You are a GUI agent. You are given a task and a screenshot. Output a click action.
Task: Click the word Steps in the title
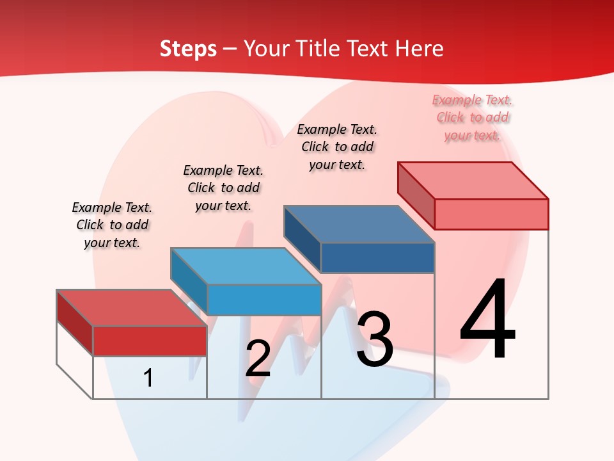click(188, 49)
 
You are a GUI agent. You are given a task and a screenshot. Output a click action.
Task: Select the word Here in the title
click(419, 49)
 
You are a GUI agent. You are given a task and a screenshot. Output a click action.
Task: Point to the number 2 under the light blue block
click(258, 359)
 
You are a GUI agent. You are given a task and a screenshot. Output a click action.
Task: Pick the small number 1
click(148, 378)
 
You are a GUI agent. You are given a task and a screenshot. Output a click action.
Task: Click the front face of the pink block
click(491, 214)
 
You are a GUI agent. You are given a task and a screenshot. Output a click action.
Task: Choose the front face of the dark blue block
click(377, 258)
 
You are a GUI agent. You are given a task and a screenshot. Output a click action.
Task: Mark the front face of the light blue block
click(264, 300)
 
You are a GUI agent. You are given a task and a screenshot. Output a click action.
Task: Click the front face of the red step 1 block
click(150, 341)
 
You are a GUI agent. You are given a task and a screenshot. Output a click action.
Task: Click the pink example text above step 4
click(473, 117)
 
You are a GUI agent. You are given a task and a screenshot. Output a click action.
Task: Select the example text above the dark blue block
click(337, 147)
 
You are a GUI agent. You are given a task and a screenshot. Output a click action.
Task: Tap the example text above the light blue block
click(223, 188)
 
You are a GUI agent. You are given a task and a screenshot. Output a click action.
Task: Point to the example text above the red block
click(112, 225)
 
